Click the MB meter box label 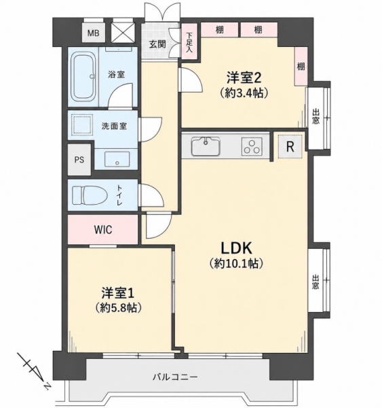click(93, 33)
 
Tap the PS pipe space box click(79, 159)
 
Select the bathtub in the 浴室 click(83, 78)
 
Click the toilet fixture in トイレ click(90, 195)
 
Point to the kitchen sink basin click(206, 146)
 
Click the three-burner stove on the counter click(252, 146)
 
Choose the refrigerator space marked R click(290, 147)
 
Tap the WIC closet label click(103, 230)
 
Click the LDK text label click(236, 248)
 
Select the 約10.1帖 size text click(236, 264)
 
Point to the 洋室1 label click(117, 293)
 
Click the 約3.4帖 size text click(244, 93)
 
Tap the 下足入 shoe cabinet click(189, 42)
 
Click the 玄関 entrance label click(157, 44)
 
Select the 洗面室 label click(114, 126)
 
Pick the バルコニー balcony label click(175, 377)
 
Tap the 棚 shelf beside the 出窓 click(301, 67)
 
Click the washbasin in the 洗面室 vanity click(117, 159)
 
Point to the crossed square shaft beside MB click(123, 33)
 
